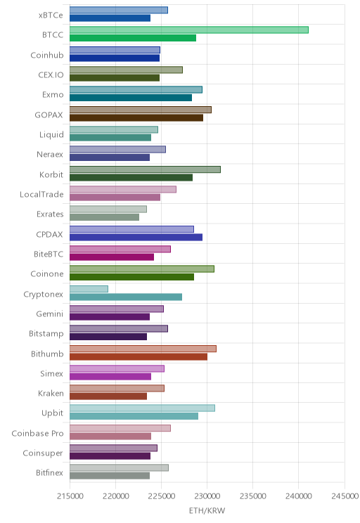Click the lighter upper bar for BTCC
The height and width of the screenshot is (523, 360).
pyautogui.click(x=189, y=30)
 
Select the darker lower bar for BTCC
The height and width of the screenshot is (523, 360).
pyautogui.click(x=133, y=38)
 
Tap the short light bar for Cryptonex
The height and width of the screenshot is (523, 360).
pyautogui.click(x=89, y=289)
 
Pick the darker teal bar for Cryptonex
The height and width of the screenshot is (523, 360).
pyautogui.click(x=126, y=297)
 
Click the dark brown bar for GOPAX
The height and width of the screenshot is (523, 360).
pyautogui.click(x=136, y=117)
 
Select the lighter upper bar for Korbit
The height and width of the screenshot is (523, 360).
pyautogui.click(x=145, y=169)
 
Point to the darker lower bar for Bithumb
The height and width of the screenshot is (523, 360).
pyautogui.click(x=139, y=356)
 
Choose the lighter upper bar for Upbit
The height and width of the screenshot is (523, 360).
pyautogui.click(x=142, y=408)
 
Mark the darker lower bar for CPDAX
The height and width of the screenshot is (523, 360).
pyautogui.click(x=136, y=237)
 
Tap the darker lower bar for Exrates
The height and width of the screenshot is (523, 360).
pyautogui.click(x=105, y=217)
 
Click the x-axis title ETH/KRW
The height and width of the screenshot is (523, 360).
pyautogui.click(x=207, y=510)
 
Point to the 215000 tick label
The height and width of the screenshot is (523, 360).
pyautogui.click(x=70, y=496)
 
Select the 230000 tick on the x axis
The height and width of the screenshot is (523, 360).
pyautogui.click(x=207, y=496)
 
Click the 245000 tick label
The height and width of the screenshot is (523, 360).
pyautogui.click(x=345, y=496)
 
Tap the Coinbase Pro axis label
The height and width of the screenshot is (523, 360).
pyautogui.click(x=37, y=433)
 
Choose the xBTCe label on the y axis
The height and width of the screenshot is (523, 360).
pyautogui.click(x=51, y=15)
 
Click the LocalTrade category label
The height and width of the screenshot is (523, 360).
pyautogui.click(x=41, y=195)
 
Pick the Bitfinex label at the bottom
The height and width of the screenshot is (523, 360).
pyautogui.click(x=49, y=472)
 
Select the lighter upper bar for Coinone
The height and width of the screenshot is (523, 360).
pyautogui.click(x=142, y=269)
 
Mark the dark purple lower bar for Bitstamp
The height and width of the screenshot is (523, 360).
pyautogui.click(x=108, y=337)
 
